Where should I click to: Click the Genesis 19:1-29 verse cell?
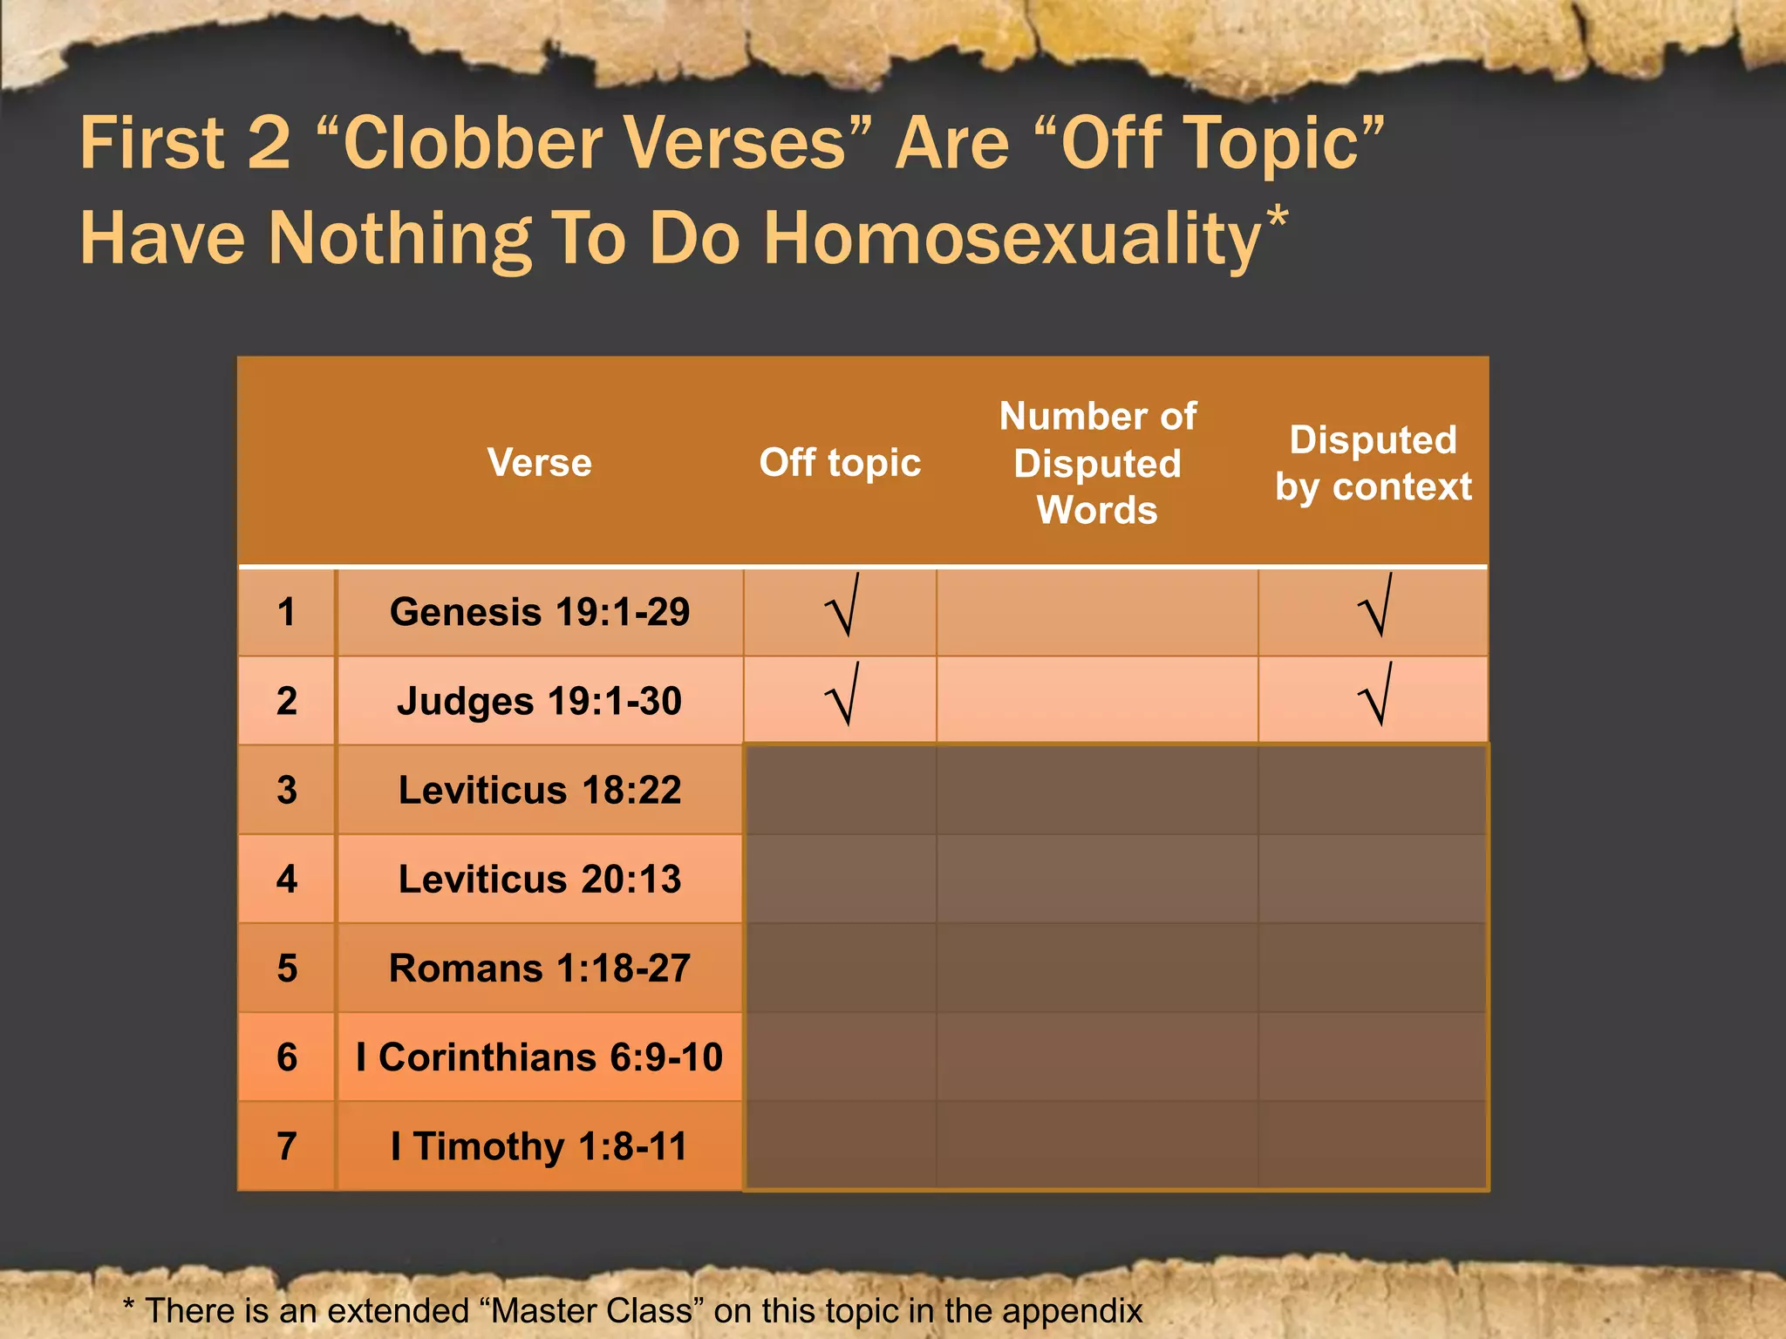(539, 612)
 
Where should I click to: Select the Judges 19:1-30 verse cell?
(539, 701)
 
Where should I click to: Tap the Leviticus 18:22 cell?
(539, 790)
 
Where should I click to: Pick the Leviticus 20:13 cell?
(539, 879)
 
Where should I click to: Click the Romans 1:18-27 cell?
(539, 969)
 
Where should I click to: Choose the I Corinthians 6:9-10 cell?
(539, 1057)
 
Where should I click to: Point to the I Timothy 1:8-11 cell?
(539, 1146)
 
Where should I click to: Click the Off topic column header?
(840, 462)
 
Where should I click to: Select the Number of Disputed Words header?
(1097, 463)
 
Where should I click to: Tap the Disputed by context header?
(1373, 463)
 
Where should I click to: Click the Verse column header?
(539, 462)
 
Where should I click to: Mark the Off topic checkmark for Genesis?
(843, 607)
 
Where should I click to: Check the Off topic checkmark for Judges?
(843, 696)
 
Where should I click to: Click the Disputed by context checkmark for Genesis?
(1375, 607)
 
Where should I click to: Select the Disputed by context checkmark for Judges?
(1375, 696)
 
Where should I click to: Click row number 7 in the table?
(287, 1146)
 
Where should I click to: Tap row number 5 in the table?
(287, 969)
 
